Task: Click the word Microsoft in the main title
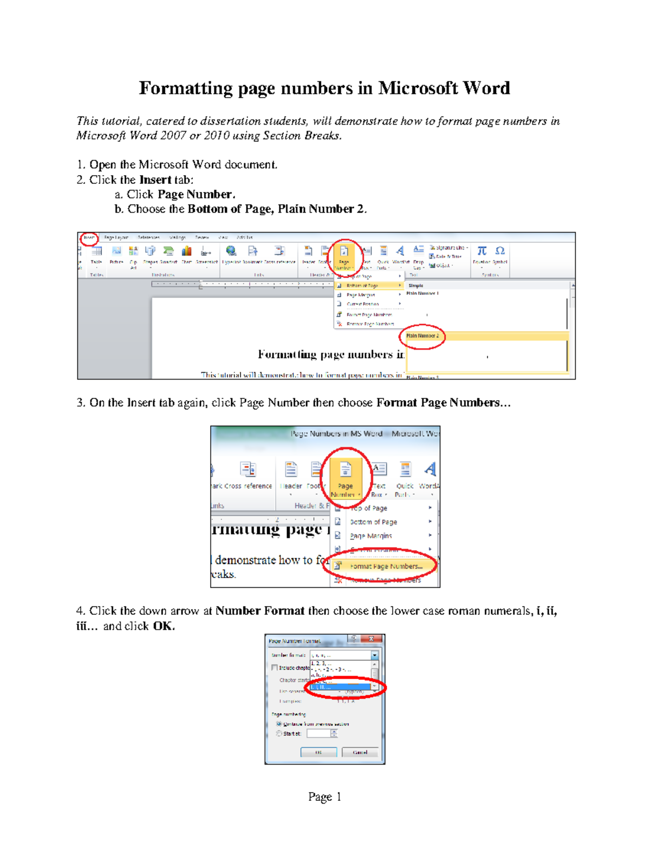tap(417, 88)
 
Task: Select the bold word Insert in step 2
tap(155, 179)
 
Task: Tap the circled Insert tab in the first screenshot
tap(89, 237)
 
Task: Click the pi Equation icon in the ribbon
tap(482, 250)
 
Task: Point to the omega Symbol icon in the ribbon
tap(500, 250)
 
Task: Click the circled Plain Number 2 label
tap(422, 336)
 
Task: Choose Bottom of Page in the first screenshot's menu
tap(362, 285)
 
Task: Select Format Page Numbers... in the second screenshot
tap(386, 566)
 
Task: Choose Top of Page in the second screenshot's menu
tap(368, 508)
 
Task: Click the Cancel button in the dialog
tap(360, 753)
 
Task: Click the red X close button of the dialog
tap(372, 639)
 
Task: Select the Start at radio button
tap(279, 734)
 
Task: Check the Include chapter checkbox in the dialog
tap(275, 667)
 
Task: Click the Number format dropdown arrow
tap(374, 655)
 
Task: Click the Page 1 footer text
tap(324, 796)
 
